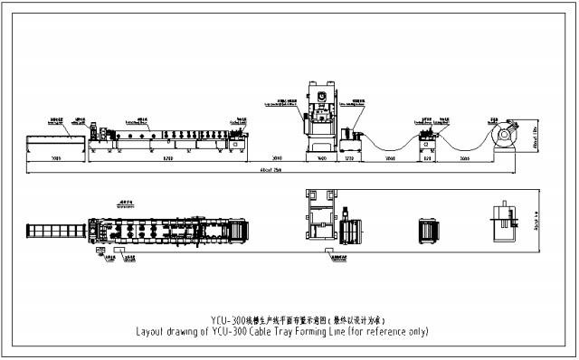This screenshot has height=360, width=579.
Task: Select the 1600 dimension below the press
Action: (x=321, y=158)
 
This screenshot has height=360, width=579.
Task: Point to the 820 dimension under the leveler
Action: (x=425, y=158)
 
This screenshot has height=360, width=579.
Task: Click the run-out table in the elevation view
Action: (x=55, y=142)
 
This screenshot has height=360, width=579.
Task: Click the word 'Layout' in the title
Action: (x=151, y=331)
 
